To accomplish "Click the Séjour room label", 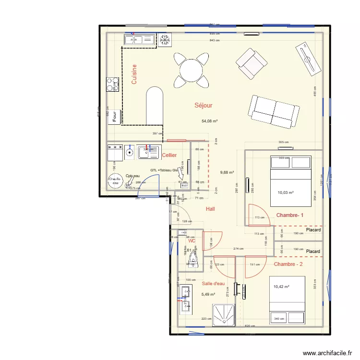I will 203,105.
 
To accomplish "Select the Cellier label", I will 169,155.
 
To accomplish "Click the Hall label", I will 210,209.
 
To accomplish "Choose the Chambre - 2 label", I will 288,264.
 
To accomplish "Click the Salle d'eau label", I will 213,284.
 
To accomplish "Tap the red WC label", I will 192,241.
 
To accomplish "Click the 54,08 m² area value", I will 210,121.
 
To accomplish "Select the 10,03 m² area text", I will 285,193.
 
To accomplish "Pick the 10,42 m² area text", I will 282,287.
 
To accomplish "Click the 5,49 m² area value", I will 208,294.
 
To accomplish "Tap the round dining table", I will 191,71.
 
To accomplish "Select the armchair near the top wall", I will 251,63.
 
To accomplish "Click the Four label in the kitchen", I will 115,116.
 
